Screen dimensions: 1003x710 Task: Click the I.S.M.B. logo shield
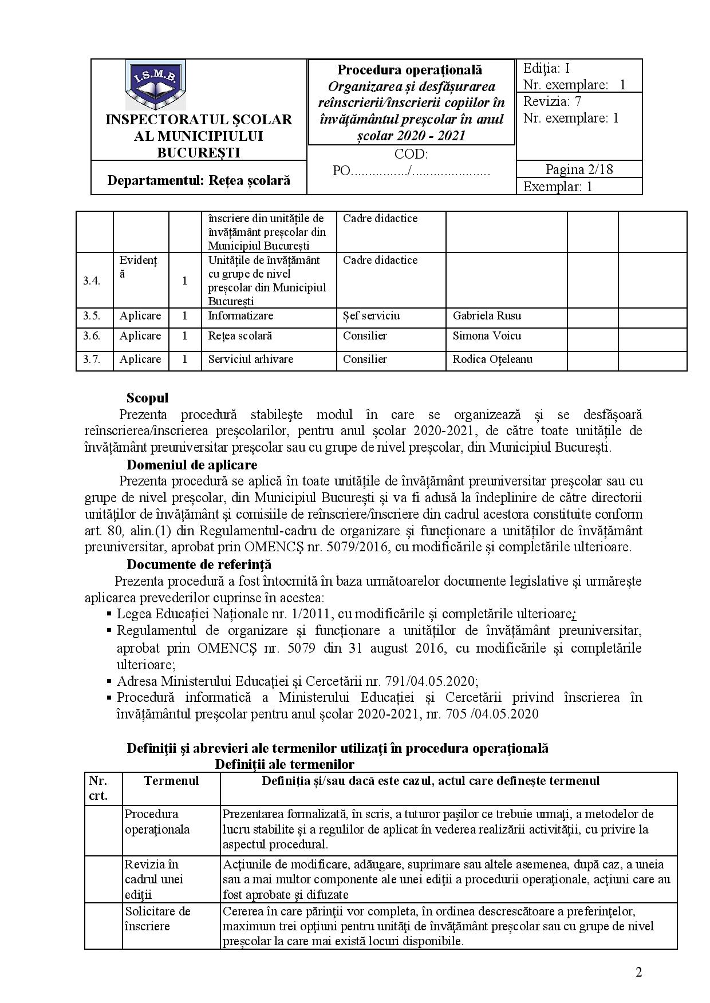click(x=155, y=85)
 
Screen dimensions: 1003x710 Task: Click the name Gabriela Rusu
click(x=487, y=316)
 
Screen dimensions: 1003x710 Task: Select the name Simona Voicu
click(x=487, y=336)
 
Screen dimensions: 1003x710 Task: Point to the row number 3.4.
click(x=92, y=281)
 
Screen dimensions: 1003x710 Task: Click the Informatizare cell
click(x=240, y=316)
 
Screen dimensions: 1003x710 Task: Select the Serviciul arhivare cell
click(x=250, y=360)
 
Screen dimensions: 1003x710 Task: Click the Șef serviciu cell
click(x=371, y=316)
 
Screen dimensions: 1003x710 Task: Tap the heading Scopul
click(x=147, y=398)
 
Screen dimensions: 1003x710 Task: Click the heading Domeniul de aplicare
click(x=192, y=465)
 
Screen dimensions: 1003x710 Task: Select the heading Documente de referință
click(x=199, y=564)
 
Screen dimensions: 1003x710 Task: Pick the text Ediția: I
click(x=546, y=69)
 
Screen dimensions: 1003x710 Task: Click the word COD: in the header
click(x=411, y=155)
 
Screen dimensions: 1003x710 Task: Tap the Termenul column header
click(x=172, y=781)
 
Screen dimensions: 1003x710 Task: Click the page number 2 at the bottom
click(x=638, y=973)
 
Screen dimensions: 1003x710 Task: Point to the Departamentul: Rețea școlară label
click(x=199, y=180)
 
